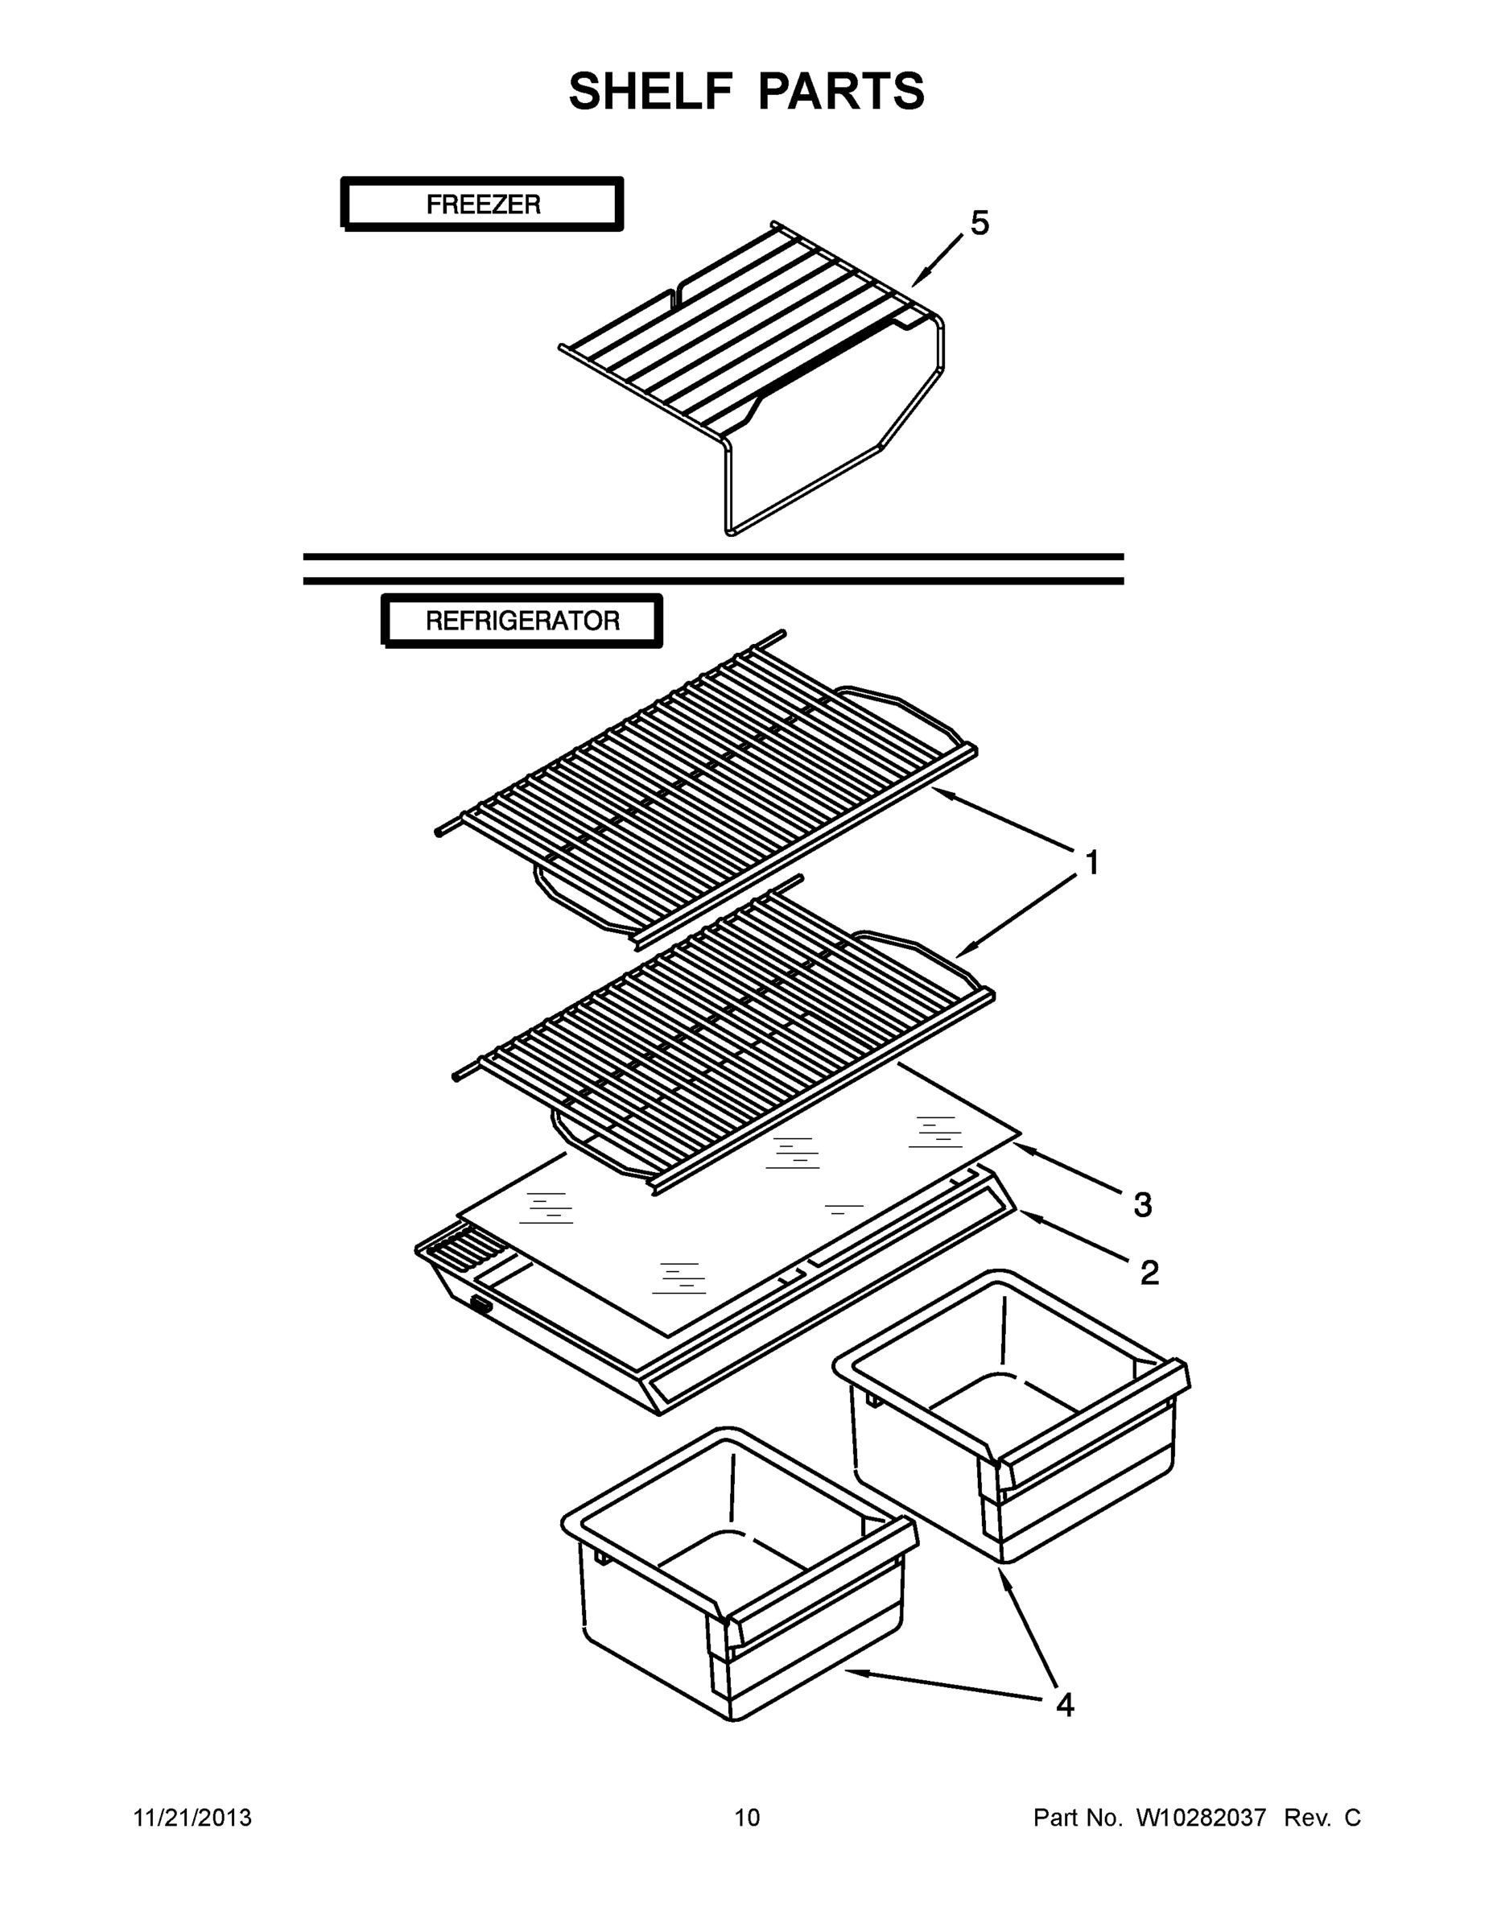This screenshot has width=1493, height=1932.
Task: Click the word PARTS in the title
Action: click(841, 92)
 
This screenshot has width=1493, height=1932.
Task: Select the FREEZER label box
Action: click(482, 204)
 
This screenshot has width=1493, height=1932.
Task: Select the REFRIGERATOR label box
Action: click(522, 620)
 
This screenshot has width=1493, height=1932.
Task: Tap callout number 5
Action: click(980, 223)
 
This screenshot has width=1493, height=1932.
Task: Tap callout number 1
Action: click(1091, 862)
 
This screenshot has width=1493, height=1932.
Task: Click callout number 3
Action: click(1142, 1205)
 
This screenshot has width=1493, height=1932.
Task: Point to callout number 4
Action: click(1065, 1705)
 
